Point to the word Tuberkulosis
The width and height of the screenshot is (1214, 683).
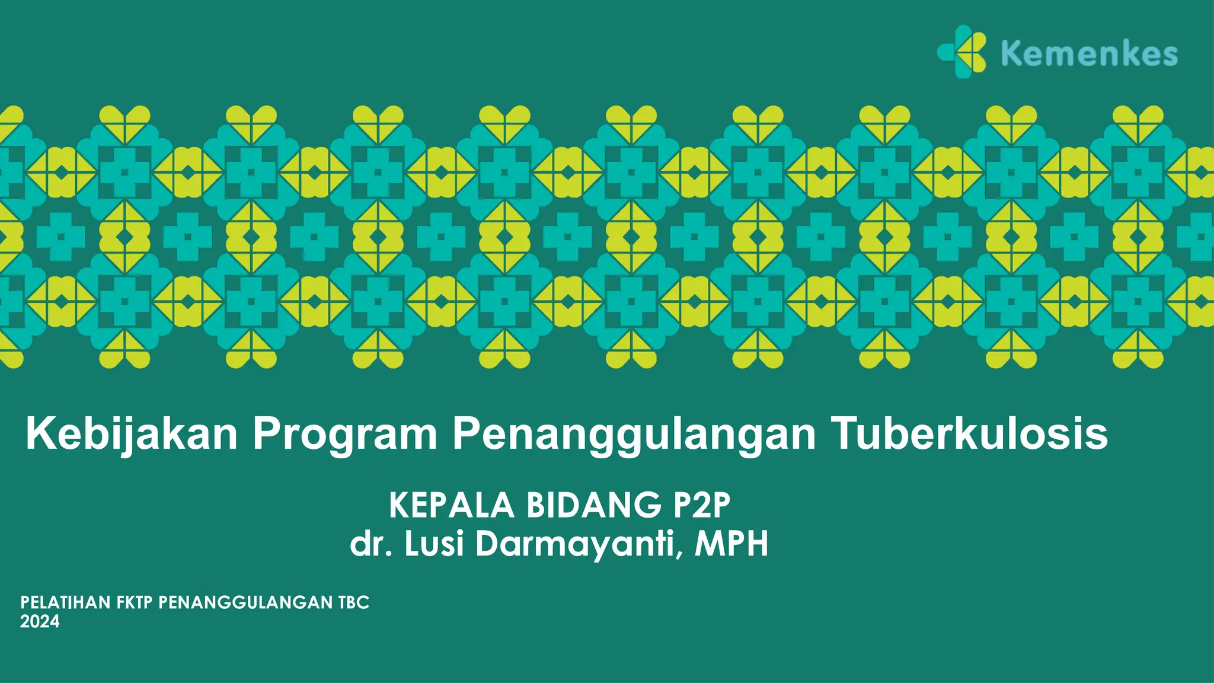970,434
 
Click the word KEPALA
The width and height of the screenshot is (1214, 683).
452,506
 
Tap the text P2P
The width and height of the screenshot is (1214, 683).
702,506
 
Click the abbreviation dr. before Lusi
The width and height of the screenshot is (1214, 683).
371,544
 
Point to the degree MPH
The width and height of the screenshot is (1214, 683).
731,544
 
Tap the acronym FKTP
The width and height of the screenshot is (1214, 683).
135,603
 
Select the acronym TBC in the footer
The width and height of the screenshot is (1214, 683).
354,603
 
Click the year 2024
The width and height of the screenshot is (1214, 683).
40,621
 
